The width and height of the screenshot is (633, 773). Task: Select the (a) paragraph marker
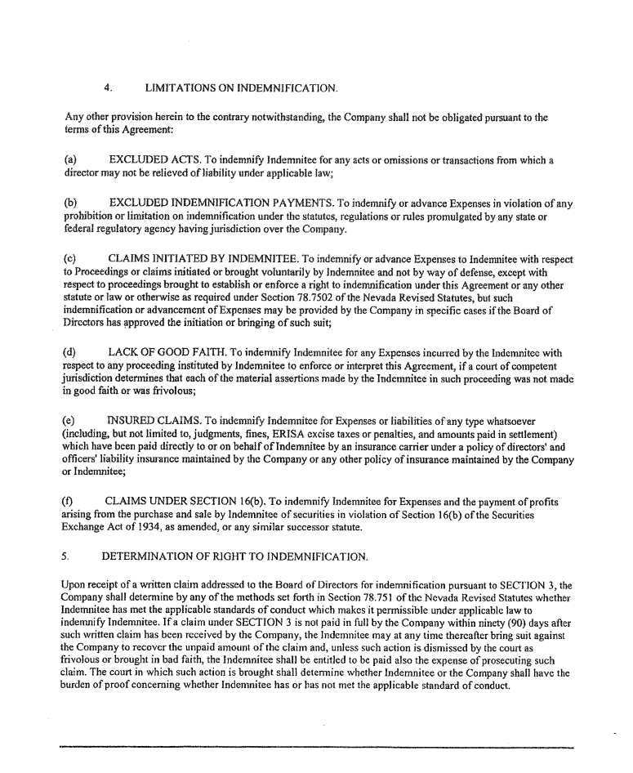71,161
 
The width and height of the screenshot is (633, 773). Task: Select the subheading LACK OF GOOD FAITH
164,351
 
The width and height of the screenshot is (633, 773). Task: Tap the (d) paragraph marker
71,351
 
